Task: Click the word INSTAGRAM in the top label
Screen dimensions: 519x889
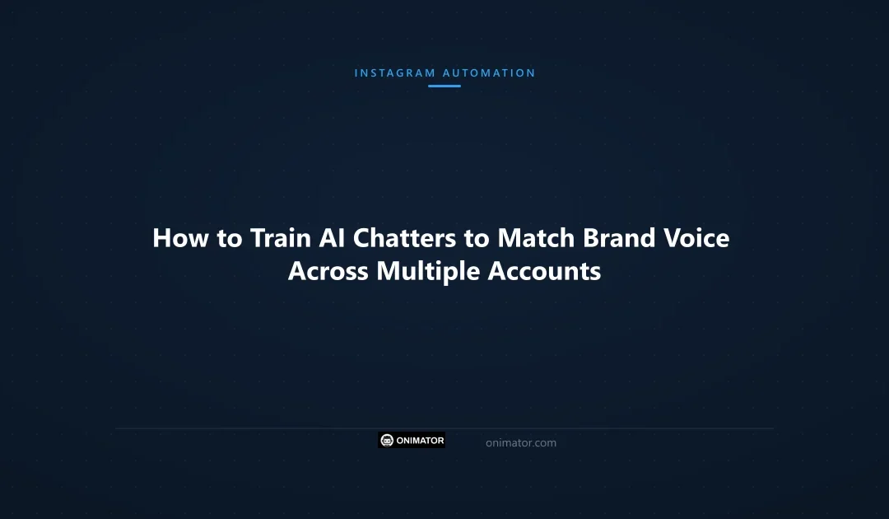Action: (x=395, y=73)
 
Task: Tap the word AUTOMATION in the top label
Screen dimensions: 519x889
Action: (x=489, y=73)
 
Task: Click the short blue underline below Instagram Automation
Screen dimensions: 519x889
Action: (x=444, y=86)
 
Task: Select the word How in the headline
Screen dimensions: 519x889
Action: (x=178, y=238)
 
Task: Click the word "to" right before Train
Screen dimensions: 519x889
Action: (x=229, y=238)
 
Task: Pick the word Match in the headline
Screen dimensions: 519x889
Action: (x=536, y=238)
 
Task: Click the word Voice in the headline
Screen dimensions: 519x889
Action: (x=696, y=238)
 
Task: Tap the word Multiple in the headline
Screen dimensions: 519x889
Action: (x=428, y=271)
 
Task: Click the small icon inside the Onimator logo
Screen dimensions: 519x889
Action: (x=387, y=441)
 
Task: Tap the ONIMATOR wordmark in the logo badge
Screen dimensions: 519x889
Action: (x=420, y=441)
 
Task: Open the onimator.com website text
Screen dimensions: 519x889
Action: (x=521, y=442)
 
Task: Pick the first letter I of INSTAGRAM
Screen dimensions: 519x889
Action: (x=356, y=73)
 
